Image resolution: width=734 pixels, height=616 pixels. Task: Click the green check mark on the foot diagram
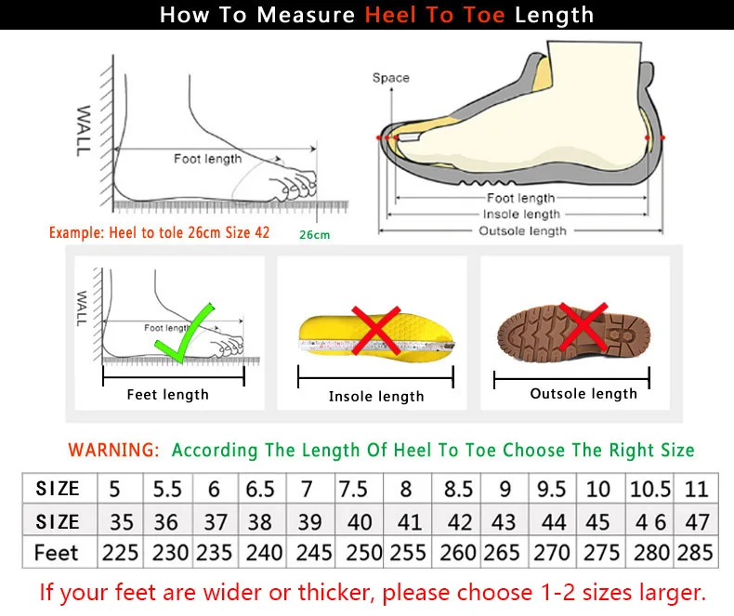184,333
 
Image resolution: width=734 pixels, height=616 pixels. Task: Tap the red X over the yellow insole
375,332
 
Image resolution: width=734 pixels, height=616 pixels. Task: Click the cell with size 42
459,521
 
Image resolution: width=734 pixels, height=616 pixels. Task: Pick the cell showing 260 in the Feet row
459,552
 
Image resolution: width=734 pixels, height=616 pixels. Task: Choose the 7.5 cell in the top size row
353,489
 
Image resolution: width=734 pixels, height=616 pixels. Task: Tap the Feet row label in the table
57,552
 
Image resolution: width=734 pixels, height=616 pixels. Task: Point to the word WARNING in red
113,450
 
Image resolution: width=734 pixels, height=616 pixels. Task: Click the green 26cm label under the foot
314,235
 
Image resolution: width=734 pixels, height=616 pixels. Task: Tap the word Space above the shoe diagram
390,78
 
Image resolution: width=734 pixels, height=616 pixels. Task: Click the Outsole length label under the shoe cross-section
521,230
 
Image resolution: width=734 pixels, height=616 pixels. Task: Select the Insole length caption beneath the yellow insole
376,397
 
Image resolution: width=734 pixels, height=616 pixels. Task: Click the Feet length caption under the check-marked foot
167,395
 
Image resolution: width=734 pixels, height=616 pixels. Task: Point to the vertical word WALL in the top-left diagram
84,130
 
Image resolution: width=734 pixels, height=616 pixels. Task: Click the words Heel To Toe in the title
435,16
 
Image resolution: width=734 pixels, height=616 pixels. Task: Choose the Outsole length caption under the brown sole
583,394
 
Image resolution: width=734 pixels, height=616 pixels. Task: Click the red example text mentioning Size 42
159,232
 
